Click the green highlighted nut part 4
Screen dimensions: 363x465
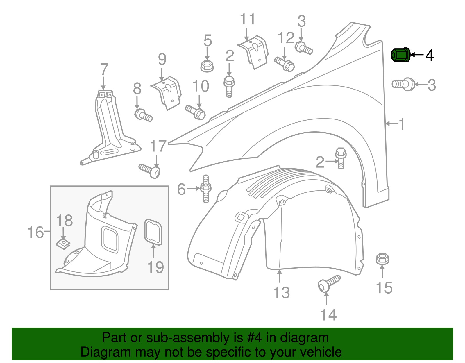coord(400,55)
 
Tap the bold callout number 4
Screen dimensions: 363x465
coord(430,55)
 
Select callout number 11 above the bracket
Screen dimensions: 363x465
coord(247,19)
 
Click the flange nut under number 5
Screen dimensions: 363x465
coord(207,66)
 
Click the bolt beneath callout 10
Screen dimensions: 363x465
coord(195,112)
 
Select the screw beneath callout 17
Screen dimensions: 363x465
coord(150,171)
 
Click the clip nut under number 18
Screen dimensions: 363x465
coord(63,244)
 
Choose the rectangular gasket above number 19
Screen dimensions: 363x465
coord(153,232)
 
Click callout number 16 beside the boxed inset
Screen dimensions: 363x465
coord(35,233)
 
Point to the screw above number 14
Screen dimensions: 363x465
coord(329,284)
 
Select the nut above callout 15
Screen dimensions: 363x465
coord(382,258)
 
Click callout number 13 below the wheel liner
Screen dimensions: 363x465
coord(281,293)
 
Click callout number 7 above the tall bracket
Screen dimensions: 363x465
coord(104,69)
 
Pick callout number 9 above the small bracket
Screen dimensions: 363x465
coord(162,59)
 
